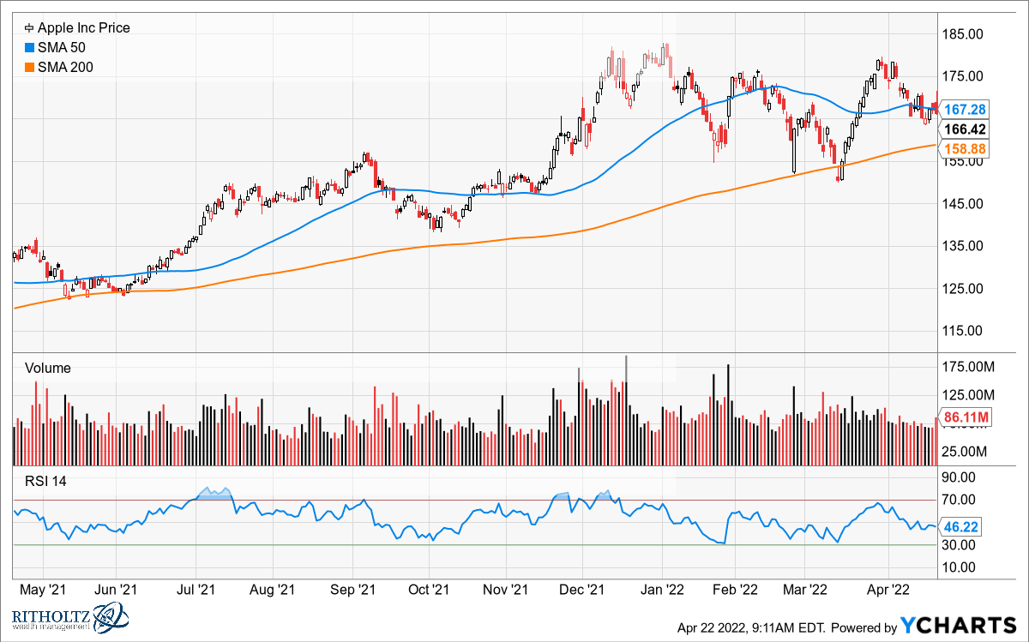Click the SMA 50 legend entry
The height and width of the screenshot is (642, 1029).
(x=59, y=47)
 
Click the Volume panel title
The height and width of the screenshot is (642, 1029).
(x=48, y=368)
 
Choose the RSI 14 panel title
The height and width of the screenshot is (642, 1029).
(x=47, y=481)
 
